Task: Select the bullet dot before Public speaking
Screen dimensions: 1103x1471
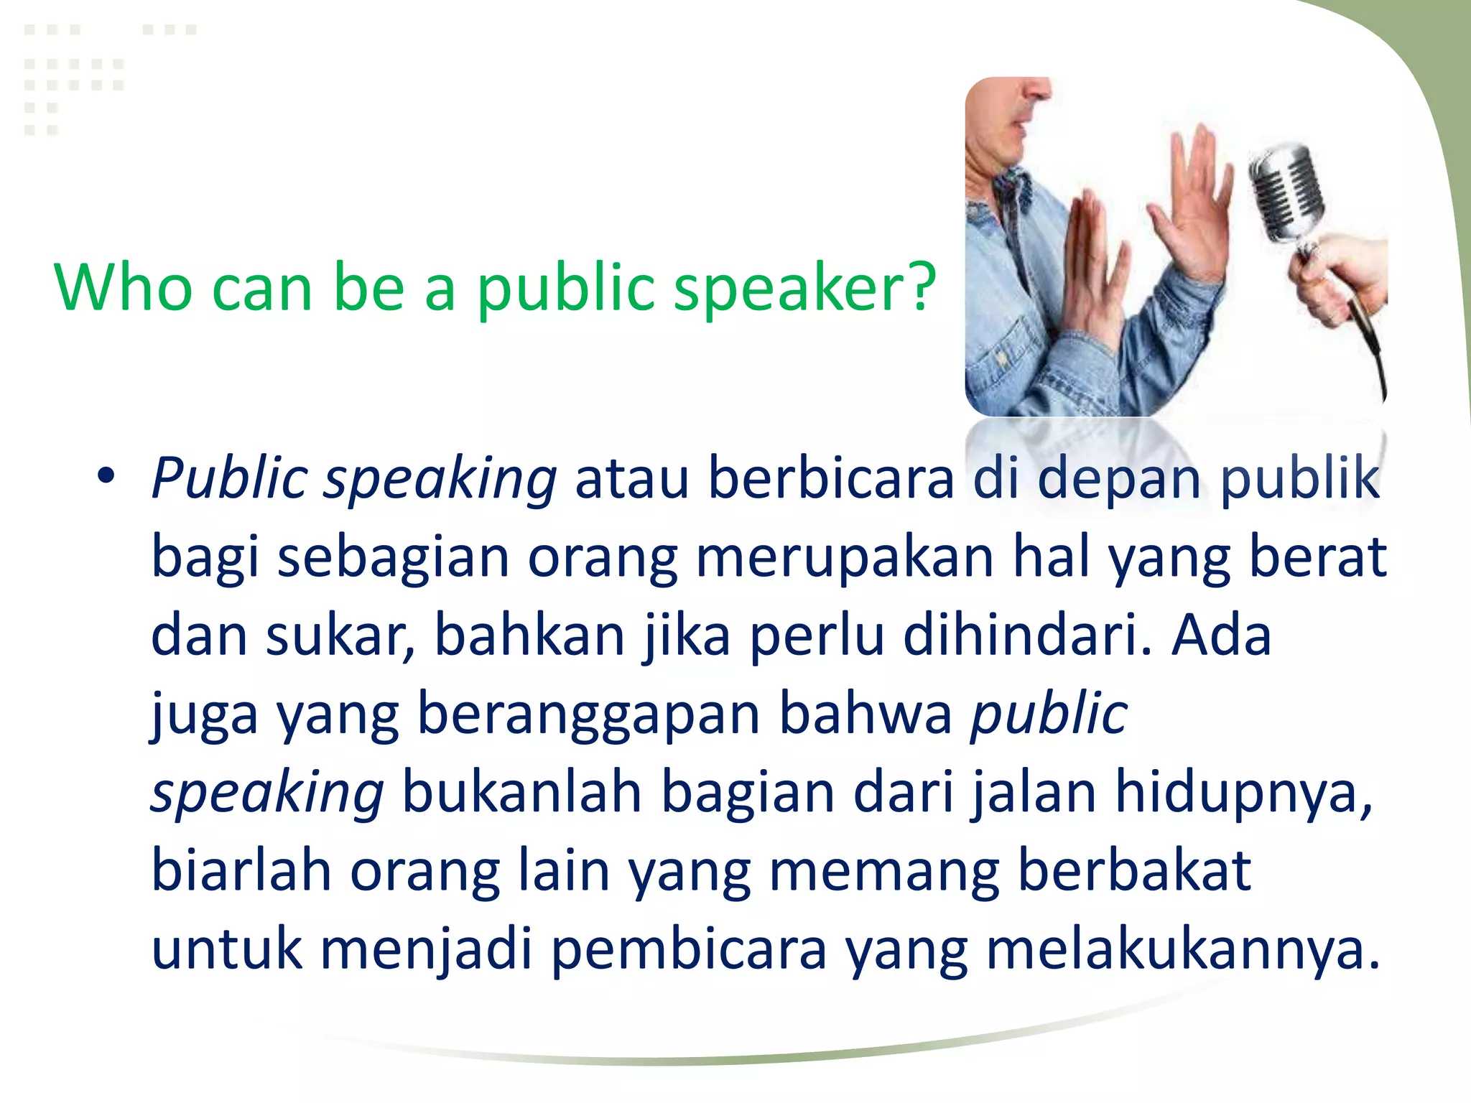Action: tap(106, 475)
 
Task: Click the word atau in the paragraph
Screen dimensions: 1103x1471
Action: tap(632, 478)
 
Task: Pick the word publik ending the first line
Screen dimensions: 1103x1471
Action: tap(1300, 478)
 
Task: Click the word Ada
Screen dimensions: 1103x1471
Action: tap(1221, 636)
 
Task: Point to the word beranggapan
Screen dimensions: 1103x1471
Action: tap(589, 715)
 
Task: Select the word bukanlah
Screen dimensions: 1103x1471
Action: tap(521, 793)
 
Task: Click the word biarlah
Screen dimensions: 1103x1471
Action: tap(241, 871)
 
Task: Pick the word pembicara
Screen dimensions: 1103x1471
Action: tap(690, 949)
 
